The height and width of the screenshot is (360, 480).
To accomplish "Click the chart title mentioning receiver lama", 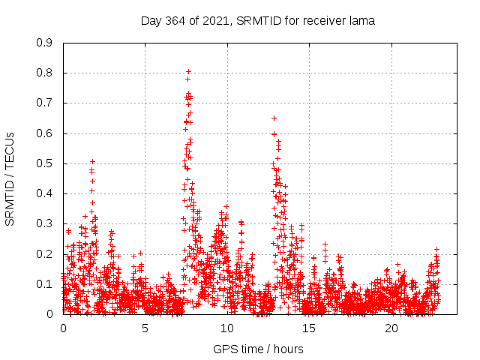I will point(258,20).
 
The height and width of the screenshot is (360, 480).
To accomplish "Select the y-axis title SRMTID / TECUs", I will point(10,178).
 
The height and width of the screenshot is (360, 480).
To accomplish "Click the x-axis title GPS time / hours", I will point(258,349).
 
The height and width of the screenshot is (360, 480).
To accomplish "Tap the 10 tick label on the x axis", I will point(227,328).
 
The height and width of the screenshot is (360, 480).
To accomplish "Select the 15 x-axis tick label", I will point(310,328).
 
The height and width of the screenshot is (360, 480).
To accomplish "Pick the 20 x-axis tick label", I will point(391,328).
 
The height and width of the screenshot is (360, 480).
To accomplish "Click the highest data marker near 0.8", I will point(188,72).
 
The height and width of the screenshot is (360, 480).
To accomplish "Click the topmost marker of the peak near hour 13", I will point(274,118).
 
